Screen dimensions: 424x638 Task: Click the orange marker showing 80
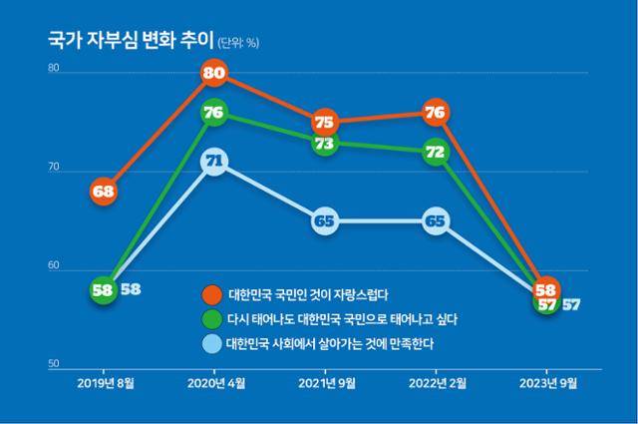213,73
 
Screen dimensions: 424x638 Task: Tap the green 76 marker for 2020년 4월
213,113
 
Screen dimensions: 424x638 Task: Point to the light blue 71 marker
213,161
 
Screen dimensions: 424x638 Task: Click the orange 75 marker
324,122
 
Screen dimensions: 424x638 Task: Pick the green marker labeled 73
324,144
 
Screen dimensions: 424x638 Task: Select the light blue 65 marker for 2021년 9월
324,221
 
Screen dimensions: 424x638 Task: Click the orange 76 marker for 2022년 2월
435,113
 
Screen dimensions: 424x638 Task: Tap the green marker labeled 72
435,152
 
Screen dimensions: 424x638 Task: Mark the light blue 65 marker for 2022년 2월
435,221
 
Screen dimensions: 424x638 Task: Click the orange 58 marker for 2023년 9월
545,289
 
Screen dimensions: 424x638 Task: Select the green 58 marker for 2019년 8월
103,290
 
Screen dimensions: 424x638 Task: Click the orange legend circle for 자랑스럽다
210,295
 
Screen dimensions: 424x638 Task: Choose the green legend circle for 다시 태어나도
210,319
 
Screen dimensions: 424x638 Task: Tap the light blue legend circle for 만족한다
210,344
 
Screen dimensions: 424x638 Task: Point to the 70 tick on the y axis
54,171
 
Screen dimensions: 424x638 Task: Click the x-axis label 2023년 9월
545,382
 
